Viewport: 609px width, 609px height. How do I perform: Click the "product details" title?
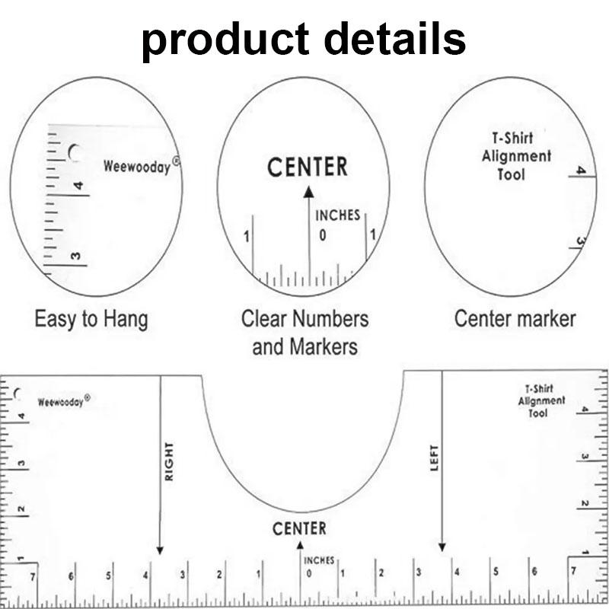pos(304,40)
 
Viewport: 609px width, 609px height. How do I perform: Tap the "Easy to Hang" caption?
pos(91,319)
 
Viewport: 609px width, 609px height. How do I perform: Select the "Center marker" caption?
pos(515,319)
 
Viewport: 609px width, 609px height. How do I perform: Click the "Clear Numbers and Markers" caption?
pos(305,333)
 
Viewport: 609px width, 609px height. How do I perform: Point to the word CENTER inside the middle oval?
pos(308,167)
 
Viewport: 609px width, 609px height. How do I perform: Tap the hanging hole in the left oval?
pos(75,153)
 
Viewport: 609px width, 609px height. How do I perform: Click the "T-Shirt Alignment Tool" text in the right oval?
pos(516,156)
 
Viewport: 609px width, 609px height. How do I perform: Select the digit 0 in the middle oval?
pos(323,235)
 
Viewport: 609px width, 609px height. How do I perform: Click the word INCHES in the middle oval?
pos(337,215)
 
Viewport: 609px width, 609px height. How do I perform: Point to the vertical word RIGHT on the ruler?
pos(169,461)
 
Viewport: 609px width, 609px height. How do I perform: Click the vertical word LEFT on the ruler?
pos(435,458)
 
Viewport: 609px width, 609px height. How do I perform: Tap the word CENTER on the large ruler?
pos(299,528)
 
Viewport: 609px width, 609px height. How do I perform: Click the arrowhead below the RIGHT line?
pos(160,550)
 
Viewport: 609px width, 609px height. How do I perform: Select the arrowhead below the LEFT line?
pos(442,547)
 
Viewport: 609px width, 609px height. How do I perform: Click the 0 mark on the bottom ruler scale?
pos(309,573)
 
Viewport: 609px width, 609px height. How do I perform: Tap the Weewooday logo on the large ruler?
pos(64,401)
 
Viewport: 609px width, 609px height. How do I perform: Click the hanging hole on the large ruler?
pos(16,394)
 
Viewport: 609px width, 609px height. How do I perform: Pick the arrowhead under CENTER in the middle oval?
pos(309,192)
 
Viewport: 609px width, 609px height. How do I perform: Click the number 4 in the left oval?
pos(78,186)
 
